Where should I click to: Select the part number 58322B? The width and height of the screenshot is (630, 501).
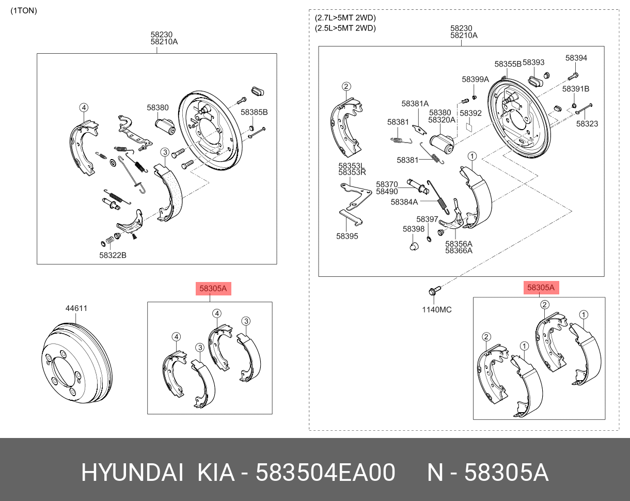point(113,255)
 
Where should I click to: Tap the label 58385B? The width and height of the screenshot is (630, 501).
point(254,112)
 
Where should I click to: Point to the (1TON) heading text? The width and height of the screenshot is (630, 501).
point(24,10)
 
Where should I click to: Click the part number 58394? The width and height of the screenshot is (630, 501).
point(576,58)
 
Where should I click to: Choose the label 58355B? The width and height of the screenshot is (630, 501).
point(508,64)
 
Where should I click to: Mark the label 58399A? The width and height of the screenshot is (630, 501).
point(475,80)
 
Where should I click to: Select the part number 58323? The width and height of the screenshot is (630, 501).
point(587,124)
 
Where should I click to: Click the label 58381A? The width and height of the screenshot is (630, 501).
point(415,104)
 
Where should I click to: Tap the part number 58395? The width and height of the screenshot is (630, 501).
point(347,236)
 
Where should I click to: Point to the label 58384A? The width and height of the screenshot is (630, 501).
point(404,202)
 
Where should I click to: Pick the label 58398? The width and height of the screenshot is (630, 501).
point(414,229)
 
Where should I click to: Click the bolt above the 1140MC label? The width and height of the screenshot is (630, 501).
point(433,291)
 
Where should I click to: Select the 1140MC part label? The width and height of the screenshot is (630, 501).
point(436,310)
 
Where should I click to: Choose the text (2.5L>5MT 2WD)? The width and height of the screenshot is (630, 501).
point(345,28)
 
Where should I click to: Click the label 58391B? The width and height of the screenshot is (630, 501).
point(576,89)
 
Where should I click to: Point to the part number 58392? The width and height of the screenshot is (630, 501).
point(470,113)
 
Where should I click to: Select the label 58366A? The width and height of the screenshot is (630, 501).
point(459,251)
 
